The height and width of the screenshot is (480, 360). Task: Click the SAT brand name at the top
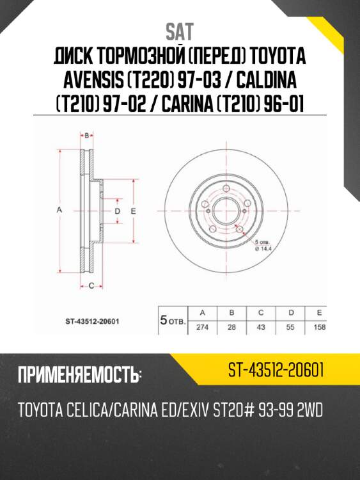[180, 31]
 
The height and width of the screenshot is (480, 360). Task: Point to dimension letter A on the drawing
[58, 211]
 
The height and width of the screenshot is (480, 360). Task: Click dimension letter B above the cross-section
[87, 135]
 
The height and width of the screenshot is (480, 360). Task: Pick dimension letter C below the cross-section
[91, 285]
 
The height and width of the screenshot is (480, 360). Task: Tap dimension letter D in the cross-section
[117, 211]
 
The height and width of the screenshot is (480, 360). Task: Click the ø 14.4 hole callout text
[263, 250]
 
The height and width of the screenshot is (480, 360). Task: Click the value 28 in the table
[232, 326]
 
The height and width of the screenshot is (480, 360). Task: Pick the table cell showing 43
[262, 326]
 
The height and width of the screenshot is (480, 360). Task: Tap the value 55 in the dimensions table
[291, 326]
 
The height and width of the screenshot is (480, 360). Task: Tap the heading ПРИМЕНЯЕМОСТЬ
[79, 375]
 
